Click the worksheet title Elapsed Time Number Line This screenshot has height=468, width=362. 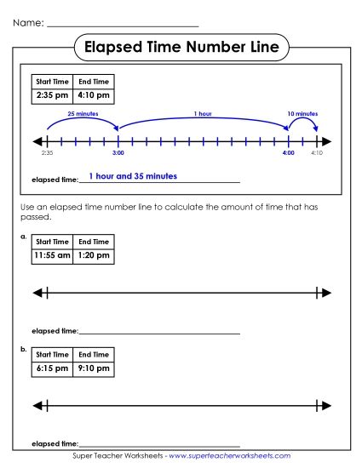[x=181, y=47]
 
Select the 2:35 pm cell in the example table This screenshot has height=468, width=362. [x=51, y=96]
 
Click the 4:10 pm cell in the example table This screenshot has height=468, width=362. [x=93, y=96]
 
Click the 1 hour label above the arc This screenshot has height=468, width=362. [x=203, y=112]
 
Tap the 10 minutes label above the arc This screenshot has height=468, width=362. [x=302, y=112]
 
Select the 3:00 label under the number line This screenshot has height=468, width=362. [x=118, y=153]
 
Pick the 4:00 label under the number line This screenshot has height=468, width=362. [x=289, y=153]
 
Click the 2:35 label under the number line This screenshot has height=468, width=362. [x=47, y=153]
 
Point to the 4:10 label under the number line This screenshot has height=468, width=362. [x=317, y=153]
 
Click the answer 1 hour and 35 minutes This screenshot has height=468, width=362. [x=133, y=176]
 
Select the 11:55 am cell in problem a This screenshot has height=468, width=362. [x=51, y=254]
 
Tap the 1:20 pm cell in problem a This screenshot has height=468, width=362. [x=93, y=254]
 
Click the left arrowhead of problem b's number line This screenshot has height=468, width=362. [x=37, y=406]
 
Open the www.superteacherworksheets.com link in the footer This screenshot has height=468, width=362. [x=230, y=457]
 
